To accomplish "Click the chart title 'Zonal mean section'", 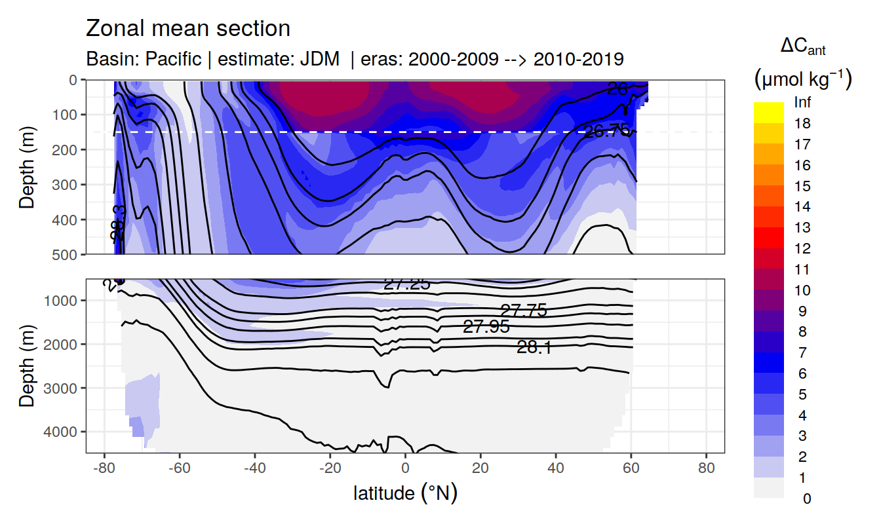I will pyautogui.click(x=188, y=29).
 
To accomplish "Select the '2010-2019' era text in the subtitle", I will pyautogui.click(x=578, y=59).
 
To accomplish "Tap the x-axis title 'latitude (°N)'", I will pyautogui.click(x=405, y=493).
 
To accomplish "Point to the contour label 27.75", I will pyautogui.click(x=523, y=311).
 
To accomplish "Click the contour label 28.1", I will pyautogui.click(x=534, y=348).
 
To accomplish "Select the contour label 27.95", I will pyautogui.click(x=486, y=327).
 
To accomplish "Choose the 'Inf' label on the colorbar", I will pyautogui.click(x=802, y=103).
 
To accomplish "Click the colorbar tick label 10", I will pyautogui.click(x=802, y=290).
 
